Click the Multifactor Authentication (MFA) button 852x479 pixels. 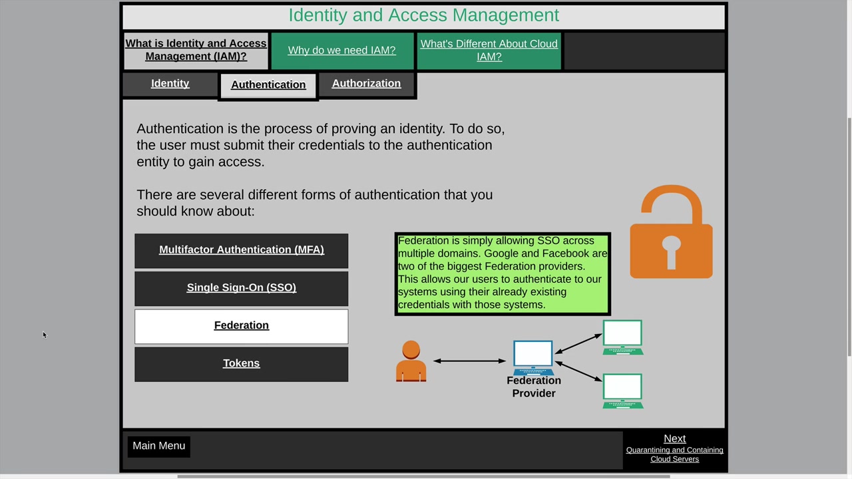point(241,251)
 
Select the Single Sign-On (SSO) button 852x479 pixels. point(241,288)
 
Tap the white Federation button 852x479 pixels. point(241,326)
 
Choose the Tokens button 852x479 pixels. point(241,364)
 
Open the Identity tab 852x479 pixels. point(170,84)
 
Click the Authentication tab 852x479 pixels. point(268,85)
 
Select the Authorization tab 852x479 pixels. point(366,84)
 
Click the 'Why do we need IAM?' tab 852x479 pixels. point(342,51)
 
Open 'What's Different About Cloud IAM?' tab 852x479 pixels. point(489,51)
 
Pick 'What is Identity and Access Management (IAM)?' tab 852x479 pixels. point(196,51)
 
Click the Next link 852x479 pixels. point(674,438)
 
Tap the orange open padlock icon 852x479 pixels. point(672,251)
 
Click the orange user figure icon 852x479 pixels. point(411,361)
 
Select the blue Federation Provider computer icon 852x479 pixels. point(533,357)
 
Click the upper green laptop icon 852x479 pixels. point(622,337)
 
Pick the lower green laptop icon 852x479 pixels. point(622,391)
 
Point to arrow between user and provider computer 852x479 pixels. point(469,361)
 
